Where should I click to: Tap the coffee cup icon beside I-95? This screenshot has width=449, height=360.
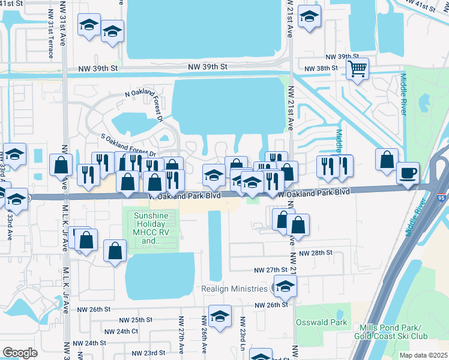[x=408, y=173]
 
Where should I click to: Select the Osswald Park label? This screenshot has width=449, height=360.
[x=322, y=322]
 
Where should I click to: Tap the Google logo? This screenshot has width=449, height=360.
[x=20, y=353]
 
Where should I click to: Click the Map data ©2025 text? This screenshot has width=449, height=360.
[x=424, y=355]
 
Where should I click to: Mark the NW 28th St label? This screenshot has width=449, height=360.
[x=318, y=253]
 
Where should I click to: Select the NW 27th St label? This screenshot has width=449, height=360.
[x=268, y=271]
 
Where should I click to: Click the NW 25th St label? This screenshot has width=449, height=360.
[x=133, y=320]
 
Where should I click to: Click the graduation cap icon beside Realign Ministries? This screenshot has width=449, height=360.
[x=285, y=287]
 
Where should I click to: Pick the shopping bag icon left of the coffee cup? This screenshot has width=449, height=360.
[x=387, y=160]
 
